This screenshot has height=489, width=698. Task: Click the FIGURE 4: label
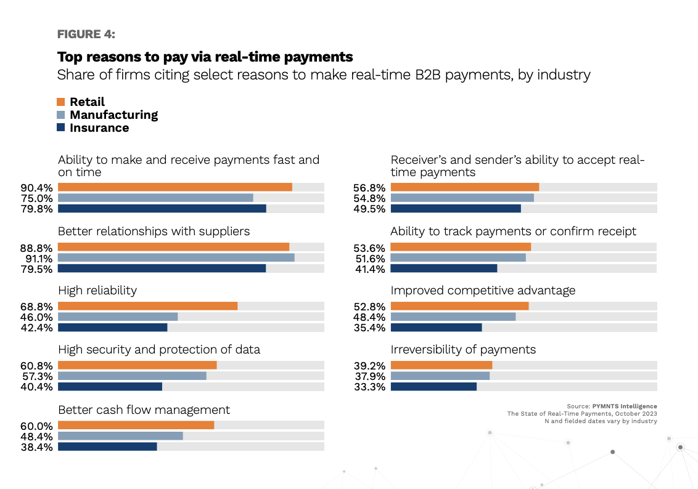[86, 34]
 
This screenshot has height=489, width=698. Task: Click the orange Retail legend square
[61, 102]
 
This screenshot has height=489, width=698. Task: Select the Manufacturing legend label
[113, 115]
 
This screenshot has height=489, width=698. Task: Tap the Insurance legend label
[99, 128]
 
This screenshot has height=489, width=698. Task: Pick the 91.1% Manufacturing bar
[176, 257]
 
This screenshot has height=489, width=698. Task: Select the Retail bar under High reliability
[147, 306]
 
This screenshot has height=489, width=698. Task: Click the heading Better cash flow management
[144, 410]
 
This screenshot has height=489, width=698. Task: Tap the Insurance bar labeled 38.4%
[107, 447]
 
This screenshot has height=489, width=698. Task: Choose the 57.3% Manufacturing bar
[132, 376]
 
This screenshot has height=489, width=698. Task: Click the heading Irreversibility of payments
[463, 350]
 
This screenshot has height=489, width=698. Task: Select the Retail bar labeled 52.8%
[459, 306]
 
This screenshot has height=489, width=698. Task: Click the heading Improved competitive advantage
[483, 290]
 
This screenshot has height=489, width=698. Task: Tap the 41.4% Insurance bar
[443, 269]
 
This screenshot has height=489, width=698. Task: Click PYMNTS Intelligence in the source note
[624, 406]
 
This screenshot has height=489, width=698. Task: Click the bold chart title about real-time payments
[205, 57]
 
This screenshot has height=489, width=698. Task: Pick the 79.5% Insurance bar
[162, 269]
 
